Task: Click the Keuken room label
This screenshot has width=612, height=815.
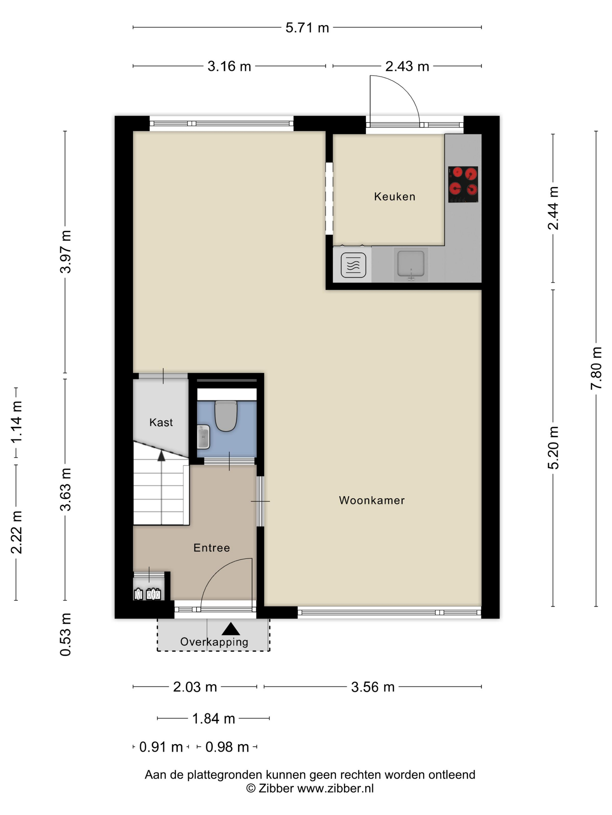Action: click(394, 196)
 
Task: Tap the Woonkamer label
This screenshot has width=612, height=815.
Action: click(372, 500)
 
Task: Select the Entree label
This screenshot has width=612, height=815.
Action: click(211, 548)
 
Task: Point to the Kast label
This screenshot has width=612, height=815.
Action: click(161, 422)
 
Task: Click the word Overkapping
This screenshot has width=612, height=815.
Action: click(214, 642)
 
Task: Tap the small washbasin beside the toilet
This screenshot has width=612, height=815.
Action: click(203, 437)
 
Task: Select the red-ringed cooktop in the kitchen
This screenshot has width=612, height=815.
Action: click(463, 184)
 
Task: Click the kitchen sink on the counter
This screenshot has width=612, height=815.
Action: click(411, 264)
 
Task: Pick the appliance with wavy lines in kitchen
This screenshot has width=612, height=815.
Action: click(353, 265)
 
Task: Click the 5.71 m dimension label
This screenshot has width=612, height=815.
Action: click(307, 28)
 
